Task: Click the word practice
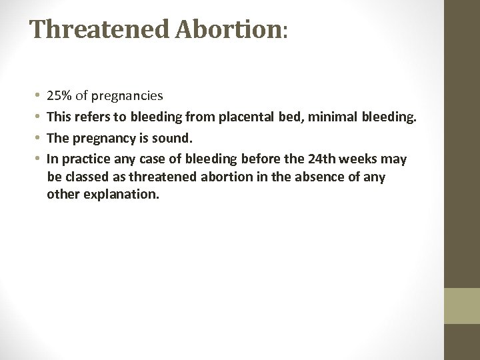click(83, 160)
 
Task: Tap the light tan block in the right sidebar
click(462, 305)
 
